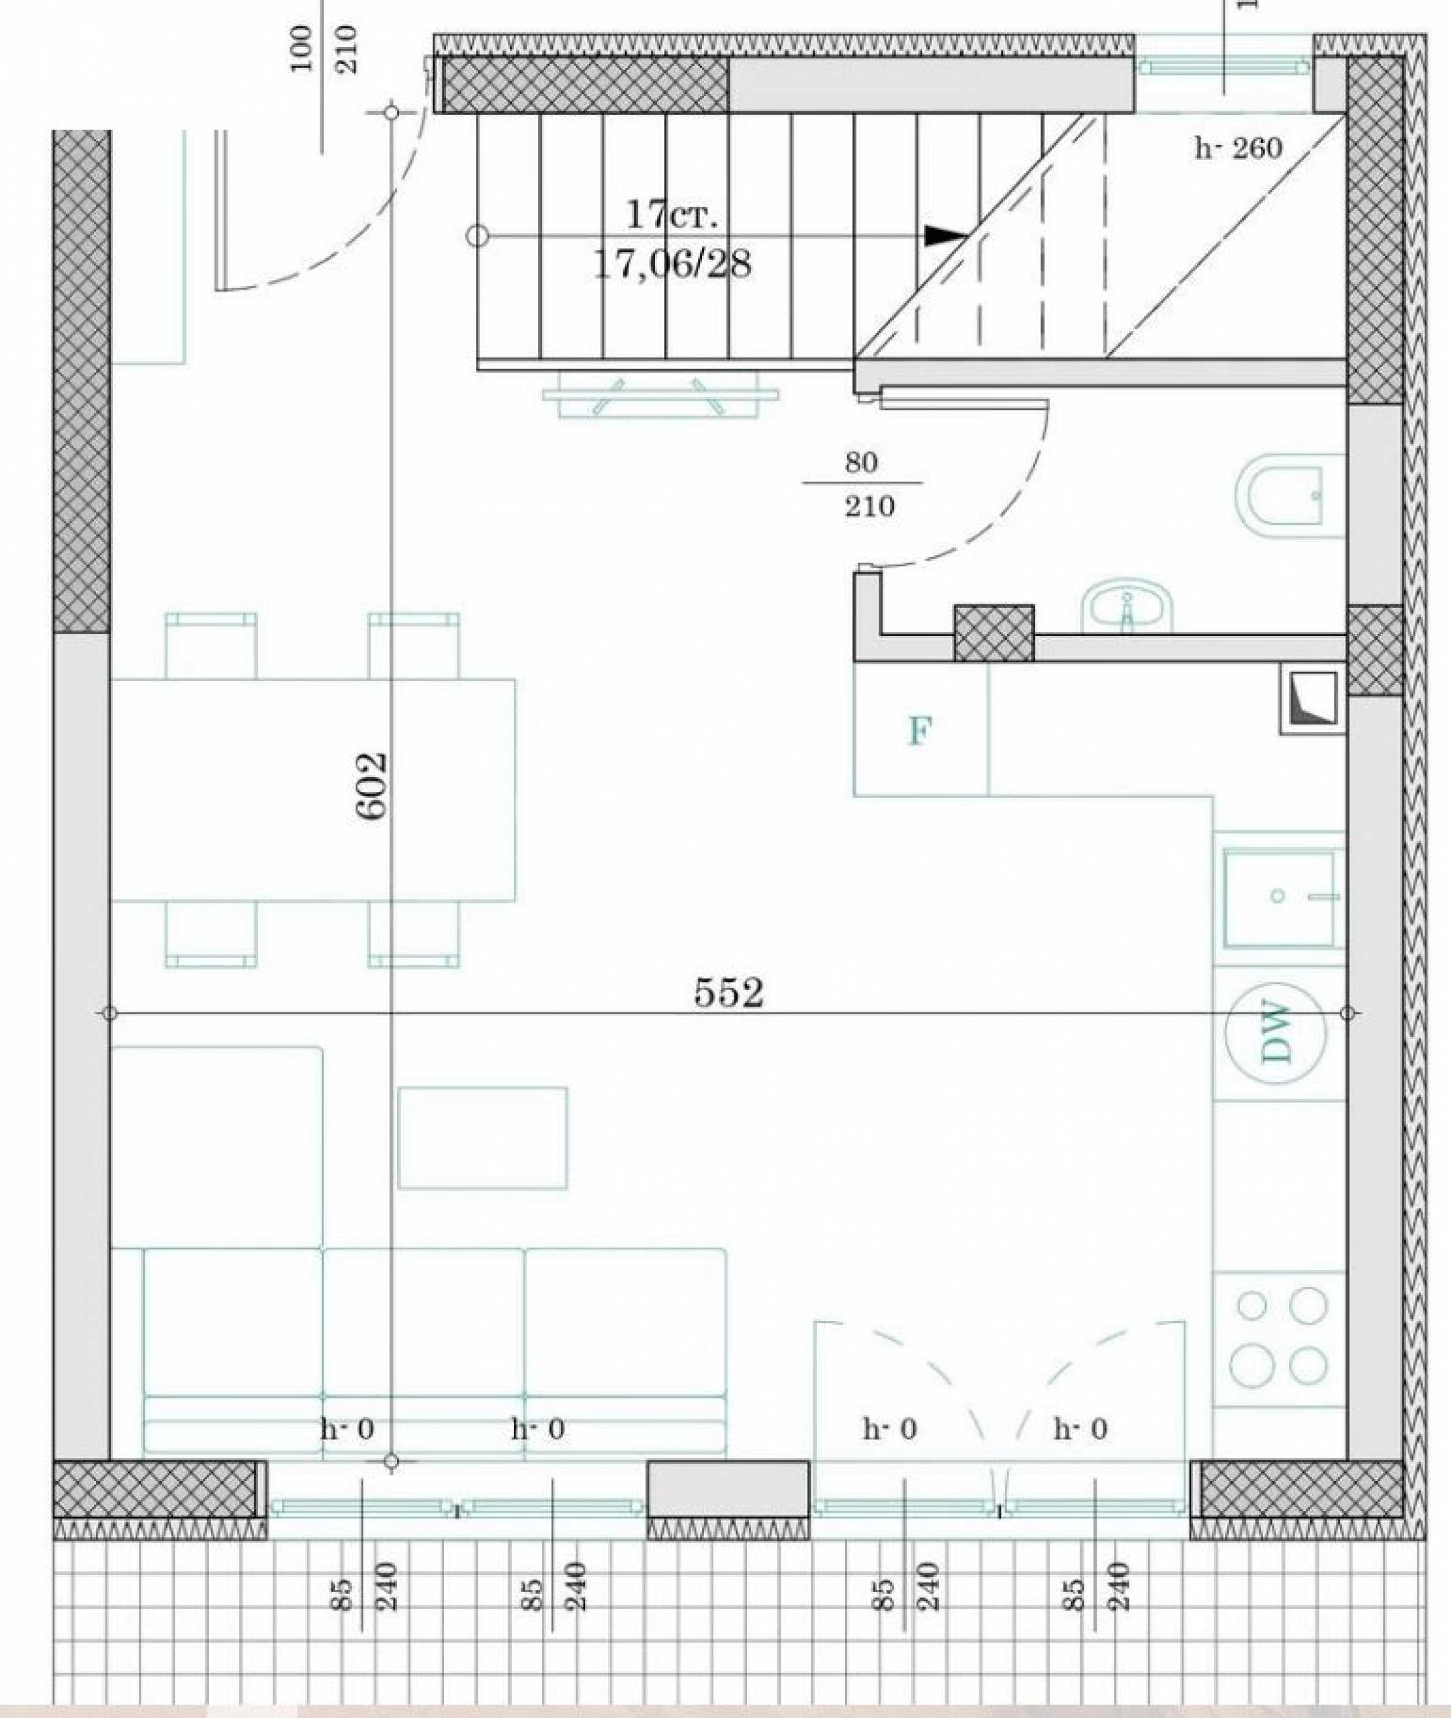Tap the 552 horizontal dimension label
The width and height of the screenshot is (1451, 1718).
[x=729, y=993]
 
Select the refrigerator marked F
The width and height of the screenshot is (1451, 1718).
[x=921, y=729]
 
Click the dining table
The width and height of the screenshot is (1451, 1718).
[x=313, y=789]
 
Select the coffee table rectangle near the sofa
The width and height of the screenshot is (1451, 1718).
[x=483, y=1138]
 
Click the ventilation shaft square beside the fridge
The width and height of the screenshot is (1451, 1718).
[x=1311, y=700]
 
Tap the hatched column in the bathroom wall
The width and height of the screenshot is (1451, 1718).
[x=993, y=632]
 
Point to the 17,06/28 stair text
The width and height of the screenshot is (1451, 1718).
[x=672, y=265]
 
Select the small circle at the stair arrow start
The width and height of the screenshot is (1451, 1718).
[x=477, y=236]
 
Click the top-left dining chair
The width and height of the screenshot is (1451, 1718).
[x=211, y=646]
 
